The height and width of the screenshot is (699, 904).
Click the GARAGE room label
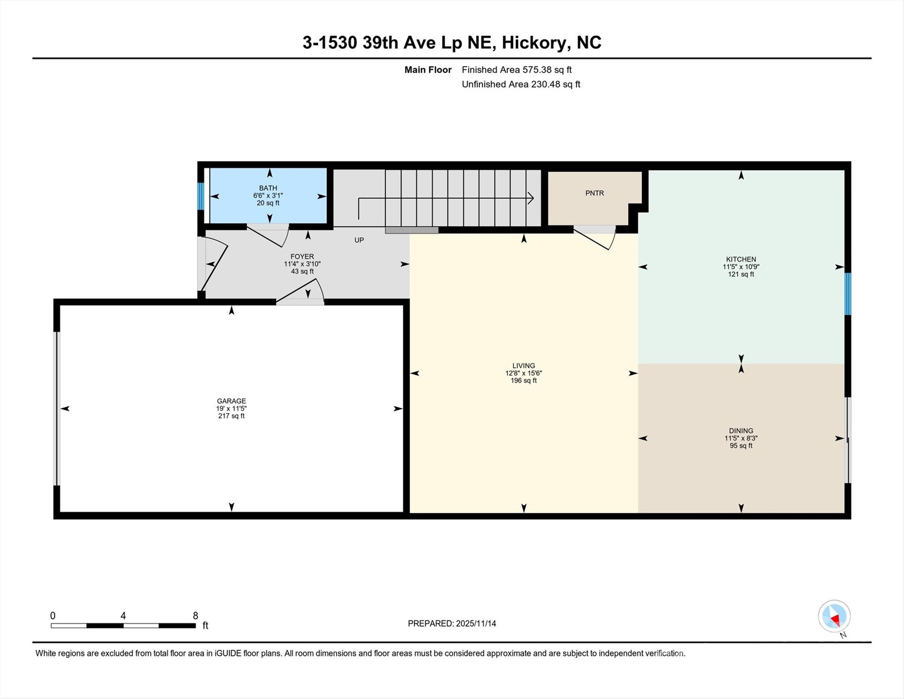231,401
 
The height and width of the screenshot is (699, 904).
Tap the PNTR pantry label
594,193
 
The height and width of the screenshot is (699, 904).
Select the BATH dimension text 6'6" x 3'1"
268,195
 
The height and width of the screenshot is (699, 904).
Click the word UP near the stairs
359,240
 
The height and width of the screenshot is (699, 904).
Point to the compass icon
834,616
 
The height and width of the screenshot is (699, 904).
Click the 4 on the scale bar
123,616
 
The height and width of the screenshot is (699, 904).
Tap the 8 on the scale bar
196,616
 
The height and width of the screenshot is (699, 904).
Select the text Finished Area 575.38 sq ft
516,70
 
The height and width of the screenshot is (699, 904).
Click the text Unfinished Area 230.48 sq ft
521,84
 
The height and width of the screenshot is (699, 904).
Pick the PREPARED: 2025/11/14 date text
452,623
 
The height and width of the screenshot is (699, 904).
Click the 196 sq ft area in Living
523,380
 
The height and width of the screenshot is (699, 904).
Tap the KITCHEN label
741,259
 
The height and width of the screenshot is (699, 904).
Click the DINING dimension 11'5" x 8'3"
741,438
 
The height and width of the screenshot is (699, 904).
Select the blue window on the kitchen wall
848,294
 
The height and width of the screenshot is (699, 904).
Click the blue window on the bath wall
200,196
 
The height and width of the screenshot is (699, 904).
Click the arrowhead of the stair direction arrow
531,198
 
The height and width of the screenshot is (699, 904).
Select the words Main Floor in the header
428,70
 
